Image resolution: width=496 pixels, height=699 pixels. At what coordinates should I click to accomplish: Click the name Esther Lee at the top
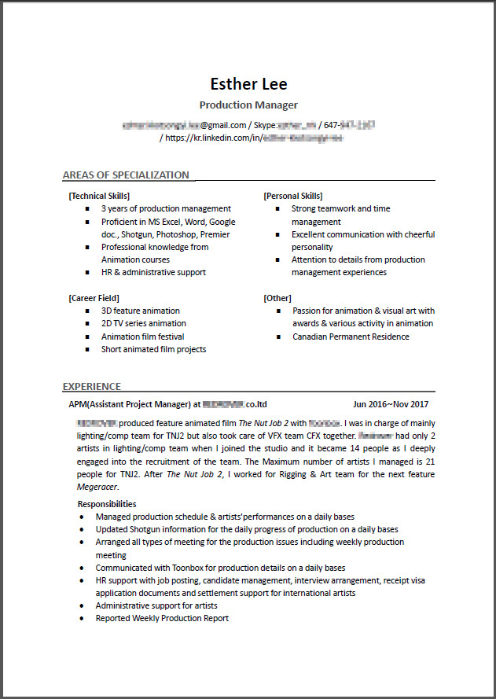[x=248, y=84]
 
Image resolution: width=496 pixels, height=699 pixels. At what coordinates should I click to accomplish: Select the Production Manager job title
[x=248, y=105]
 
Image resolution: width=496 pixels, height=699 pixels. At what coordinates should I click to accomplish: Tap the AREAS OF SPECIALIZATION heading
[x=126, y=175]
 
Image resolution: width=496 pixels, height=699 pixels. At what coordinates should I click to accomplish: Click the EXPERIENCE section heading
[x=92, y=386]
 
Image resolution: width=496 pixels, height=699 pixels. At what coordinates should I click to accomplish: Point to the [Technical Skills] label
[x=99, y=196]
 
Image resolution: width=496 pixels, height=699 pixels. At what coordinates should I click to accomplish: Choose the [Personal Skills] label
[x=292, y=196]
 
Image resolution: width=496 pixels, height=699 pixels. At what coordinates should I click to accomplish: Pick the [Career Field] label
[x=94, y=298]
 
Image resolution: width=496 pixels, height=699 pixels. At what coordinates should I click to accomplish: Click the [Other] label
[x=277, y=298]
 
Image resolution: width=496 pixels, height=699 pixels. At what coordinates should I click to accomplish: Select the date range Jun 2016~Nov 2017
[x=391, y=404]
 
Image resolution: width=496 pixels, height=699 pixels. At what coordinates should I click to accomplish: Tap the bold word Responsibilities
[x=107, y=504]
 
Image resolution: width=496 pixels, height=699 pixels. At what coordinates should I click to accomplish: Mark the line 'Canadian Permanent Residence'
[x=351, y=337]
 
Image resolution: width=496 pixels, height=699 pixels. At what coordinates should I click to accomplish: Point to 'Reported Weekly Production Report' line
[x=162, y=618]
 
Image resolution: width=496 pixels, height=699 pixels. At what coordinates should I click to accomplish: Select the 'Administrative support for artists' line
[x=156, y=605]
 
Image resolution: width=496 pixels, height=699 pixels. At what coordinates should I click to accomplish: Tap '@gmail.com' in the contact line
[x=222, y=125]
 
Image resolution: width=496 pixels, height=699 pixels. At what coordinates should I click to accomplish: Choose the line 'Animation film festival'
[x=142, y=337]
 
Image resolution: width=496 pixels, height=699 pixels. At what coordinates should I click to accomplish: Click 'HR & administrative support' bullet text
[x=153, y=272]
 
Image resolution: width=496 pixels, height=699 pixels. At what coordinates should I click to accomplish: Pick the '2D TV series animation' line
[x=144, y=323]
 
